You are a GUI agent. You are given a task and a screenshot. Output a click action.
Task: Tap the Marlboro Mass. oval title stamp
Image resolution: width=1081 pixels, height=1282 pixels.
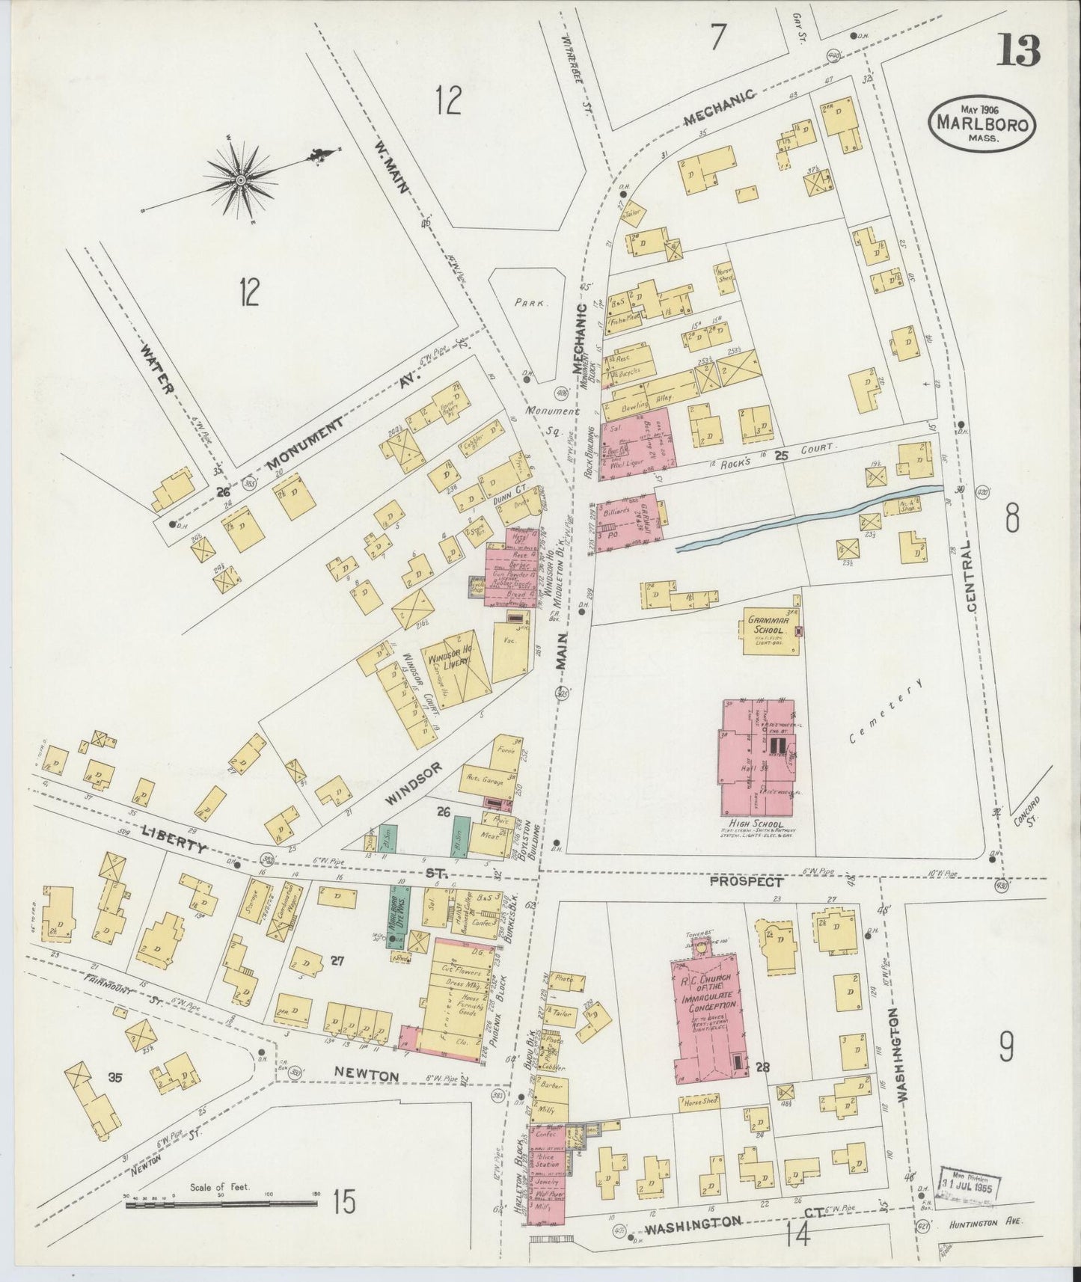[982, 123]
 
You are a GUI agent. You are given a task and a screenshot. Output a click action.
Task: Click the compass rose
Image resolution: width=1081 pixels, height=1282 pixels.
[241, 180]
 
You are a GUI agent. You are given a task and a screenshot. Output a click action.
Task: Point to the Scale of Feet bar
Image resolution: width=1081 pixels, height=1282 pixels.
[220, 1204]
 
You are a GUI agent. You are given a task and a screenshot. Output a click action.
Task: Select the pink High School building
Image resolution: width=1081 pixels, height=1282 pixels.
[758, 758]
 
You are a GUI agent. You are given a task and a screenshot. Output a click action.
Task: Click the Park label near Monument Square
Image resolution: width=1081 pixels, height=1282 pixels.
[532, 304]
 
